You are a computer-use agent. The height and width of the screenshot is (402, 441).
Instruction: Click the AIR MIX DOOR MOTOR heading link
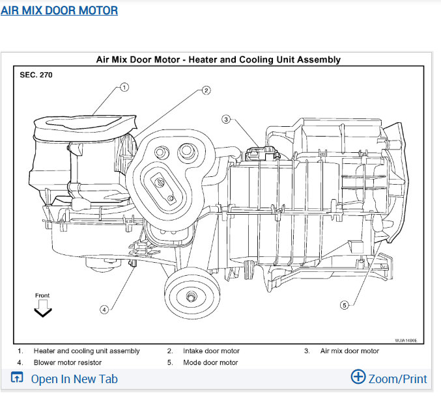pos(59,10)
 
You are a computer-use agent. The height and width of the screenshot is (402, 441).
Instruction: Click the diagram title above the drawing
pos(218,60)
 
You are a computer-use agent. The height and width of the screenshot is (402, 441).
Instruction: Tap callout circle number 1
pos(124,86)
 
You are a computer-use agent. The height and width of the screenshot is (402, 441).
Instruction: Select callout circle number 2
pos(206,90)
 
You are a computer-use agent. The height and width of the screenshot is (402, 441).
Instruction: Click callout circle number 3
pos(226,119)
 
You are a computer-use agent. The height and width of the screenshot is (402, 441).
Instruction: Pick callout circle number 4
pos(104,310)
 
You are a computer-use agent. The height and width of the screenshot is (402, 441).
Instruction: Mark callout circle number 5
pos(345,304)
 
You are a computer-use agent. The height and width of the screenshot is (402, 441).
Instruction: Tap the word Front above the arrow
pos(42,296)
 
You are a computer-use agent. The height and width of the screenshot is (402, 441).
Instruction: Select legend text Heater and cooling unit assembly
pos(87,351)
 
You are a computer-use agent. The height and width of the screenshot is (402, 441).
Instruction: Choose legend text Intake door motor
pos(211,351)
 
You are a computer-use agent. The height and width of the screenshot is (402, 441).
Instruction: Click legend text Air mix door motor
pos(349,351)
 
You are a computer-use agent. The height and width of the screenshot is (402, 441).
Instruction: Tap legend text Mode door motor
pos(210,362)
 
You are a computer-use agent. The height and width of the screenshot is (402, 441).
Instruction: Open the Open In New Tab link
pos(74,379)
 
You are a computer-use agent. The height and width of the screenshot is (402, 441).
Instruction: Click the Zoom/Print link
pos(397,379)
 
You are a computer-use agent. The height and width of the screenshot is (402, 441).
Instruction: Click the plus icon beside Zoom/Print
pos(358,377)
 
